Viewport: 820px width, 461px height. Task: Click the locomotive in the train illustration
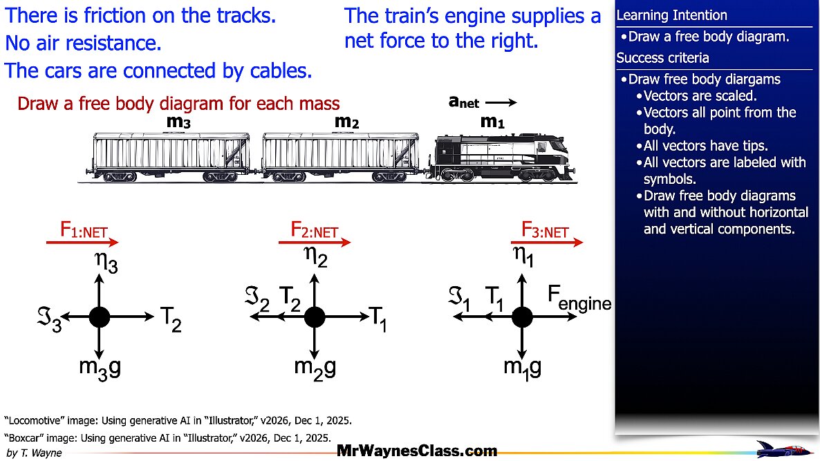pyautogui.click(x=503, y=158)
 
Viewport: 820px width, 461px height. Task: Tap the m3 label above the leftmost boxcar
pyautogui.click(x=178, y=122)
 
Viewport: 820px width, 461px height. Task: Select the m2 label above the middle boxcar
pyautogui.click(x=346, y=122)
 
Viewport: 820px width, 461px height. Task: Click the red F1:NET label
pyautogui.click(x=84, y=230)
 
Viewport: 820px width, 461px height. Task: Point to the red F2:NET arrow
pyautogui.click(x=315, y=242)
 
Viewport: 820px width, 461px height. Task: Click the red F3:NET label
pyautogui.click(x=545, y=230)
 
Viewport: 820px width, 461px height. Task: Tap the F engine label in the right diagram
pyautogui.click(x=579, y=299)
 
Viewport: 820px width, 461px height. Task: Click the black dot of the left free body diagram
pyautogui.click(x=100, y=317)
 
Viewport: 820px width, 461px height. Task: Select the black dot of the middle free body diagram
pyautogui.click(x=315, y=317)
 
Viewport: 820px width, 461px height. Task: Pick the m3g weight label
pyautogui.click(x=100, y=368)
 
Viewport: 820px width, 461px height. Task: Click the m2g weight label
pyautogui.click(x=315, y=368)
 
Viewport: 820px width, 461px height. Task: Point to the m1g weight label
pyautogui.click(x=522, y=368)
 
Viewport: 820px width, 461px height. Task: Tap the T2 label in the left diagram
pyautogui.click(x=171, y=319)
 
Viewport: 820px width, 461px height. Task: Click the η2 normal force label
pyautogui.click(x=315, y=256)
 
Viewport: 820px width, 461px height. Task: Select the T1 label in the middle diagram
pyautogui.click(x=378, y=319)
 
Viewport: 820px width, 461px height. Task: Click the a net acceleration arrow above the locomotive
pyautogui.click(x=501, y=102)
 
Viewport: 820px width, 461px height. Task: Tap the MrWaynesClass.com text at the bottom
pyautogui.click(x=417, y=451)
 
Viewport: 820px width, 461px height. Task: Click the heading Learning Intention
pyautogui.click(x=671, y=16)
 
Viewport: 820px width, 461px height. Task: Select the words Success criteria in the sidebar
pyautogui.click(x=662, y=57)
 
